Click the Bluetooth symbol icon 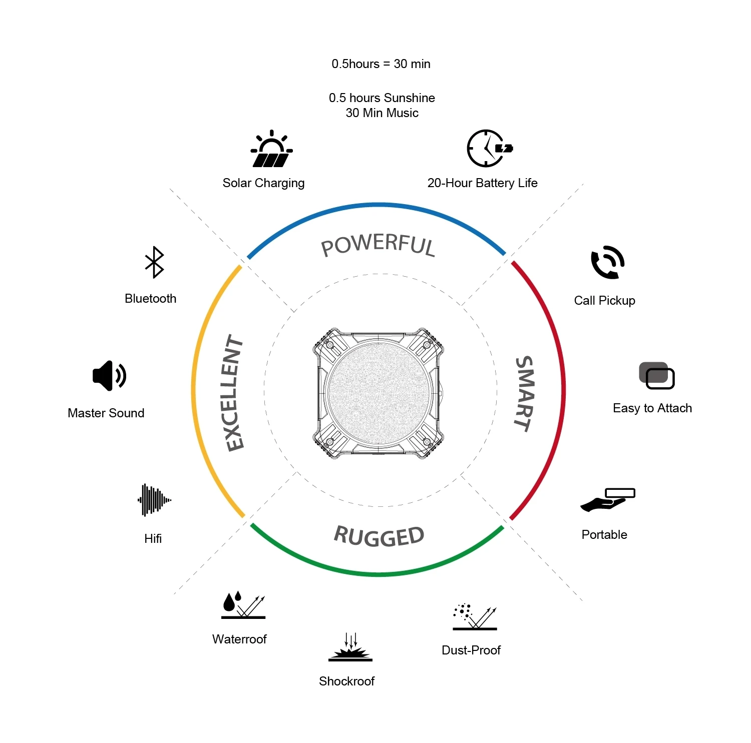[154, 262]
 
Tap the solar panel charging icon [271, 150]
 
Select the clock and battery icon [488, 149]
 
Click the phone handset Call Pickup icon [607, 262]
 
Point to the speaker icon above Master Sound [109, 376]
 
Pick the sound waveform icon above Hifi [154, 499]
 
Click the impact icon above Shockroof [350, 648]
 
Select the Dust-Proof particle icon [474, 616]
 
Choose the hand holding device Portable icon [607, 500]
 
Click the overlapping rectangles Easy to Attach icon [656, 376]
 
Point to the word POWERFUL [378, 245]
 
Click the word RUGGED [379, 536]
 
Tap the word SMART [524, 393]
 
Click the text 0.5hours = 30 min [381, 64]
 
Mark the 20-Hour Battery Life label [482, 183]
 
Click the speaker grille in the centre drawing [379, 393]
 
